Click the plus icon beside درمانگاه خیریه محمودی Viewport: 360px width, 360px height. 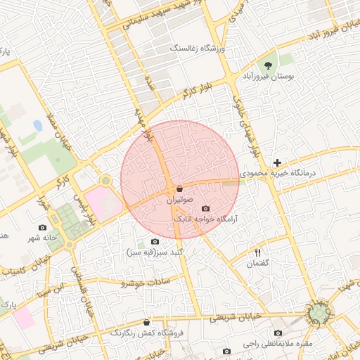point(278,162)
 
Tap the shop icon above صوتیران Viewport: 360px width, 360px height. point(179,189)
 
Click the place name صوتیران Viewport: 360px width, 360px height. point(179,200)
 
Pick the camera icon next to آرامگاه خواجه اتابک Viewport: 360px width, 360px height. point(205,209)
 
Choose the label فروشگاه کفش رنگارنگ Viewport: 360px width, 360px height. point(146,332)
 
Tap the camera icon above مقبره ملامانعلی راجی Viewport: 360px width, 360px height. point(278,333)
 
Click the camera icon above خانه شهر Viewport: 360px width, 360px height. point(42,227)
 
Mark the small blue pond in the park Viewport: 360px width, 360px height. point(37,126)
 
